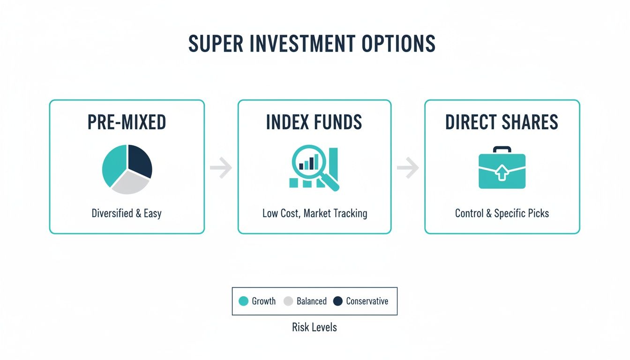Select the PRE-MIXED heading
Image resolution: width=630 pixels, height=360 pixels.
click(127, 122)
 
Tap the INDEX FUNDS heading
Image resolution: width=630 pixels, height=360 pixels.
click(314, 122)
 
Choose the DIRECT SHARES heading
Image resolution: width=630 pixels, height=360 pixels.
click(502, 122)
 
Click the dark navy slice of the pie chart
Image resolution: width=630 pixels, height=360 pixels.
click(140, 160)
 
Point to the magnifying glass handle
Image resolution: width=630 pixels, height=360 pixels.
click(332, 184)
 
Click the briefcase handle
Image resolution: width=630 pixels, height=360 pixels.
click(502, 150)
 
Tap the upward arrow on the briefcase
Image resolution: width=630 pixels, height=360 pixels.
click(502, 173)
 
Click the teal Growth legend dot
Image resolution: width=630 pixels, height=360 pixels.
click(243, 301)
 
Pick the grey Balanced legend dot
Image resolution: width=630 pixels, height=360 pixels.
click(288, 301)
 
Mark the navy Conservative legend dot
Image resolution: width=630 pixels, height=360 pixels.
click(337, 301)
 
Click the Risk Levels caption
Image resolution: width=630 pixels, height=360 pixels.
click(314, 327)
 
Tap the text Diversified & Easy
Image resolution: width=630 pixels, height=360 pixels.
click(127, 214)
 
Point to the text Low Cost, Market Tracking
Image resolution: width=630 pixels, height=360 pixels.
click(315, 214)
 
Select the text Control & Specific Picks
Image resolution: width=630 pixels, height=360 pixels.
click(502, 214)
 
